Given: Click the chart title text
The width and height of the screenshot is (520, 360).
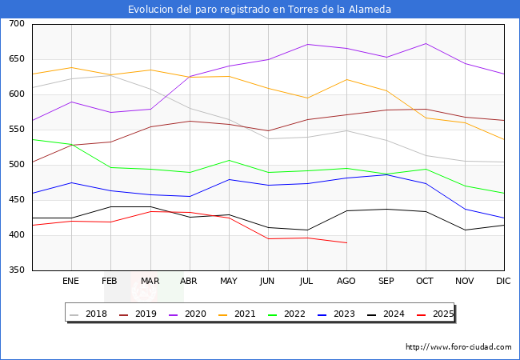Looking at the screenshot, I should [260, 10].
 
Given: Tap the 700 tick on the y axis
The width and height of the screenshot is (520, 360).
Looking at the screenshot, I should [15, 24].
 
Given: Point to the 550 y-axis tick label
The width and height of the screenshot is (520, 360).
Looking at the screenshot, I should [15, 130].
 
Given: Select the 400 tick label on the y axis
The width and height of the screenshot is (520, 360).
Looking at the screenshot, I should [15, 235].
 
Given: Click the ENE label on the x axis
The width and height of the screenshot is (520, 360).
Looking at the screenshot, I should [70, 282].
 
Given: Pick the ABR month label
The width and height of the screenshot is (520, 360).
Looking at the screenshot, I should [189, 282].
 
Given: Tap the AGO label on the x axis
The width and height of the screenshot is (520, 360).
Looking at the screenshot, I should [346, 282].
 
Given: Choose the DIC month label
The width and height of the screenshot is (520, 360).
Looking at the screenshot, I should [503, 282].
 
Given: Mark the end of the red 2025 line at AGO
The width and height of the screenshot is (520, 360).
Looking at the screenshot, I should [346, 242].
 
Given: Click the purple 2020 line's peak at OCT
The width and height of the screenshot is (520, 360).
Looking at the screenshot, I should [425, 43].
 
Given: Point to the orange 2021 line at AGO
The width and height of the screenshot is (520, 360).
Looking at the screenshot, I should [346, 79].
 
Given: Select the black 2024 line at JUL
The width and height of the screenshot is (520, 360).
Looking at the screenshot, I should [307, 230].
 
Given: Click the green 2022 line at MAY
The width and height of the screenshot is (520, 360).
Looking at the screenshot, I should [228, 160].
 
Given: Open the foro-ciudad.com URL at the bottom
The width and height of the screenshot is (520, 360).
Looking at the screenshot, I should [458, 347].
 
